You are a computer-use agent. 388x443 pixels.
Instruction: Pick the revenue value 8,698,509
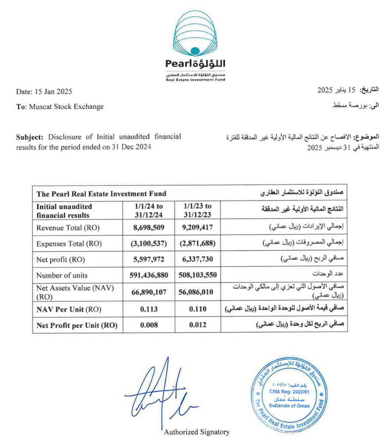149,227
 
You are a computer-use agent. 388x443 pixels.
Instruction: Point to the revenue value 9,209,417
197,227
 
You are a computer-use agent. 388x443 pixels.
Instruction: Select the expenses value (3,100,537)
149,244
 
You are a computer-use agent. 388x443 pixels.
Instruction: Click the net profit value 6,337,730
197,260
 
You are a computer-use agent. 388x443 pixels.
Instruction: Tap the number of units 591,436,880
149,275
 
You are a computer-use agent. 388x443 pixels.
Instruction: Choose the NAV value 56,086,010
197,292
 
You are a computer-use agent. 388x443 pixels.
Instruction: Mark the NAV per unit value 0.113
149,309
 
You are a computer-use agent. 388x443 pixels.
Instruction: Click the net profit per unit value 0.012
197,325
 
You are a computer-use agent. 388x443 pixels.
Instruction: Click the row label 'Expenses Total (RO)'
69,244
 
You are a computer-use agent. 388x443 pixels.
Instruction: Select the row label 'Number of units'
62,275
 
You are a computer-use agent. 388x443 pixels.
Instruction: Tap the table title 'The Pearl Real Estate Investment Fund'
101,193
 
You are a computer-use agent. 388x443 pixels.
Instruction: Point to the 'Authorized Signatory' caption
197,432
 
